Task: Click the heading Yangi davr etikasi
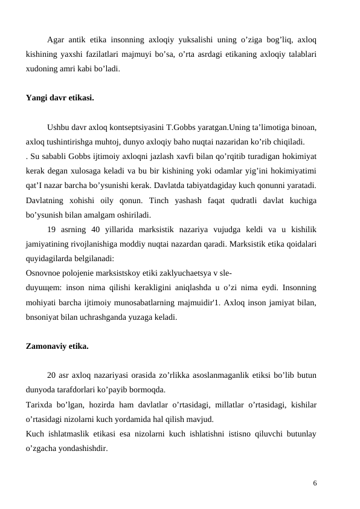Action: tap(60, 97)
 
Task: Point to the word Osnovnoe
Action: tap(43, 271)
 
